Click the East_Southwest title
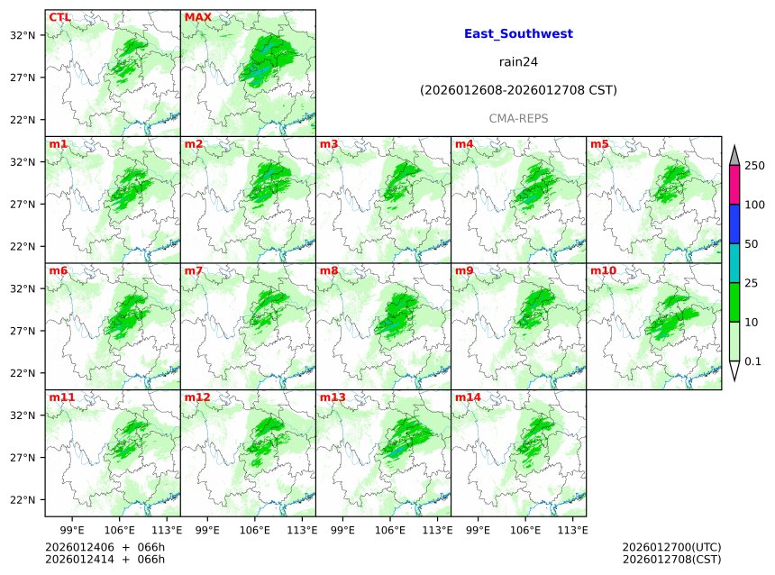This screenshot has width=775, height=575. pyautogui.click(x=518, y=34)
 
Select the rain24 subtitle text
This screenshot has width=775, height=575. pyautogui.click(x=518, y=62)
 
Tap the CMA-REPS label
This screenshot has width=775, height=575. pyautogui.click(x=518, y=118)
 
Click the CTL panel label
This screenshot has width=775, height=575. pyautogui.click(x=59, y=17)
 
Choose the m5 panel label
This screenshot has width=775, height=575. pyautogui.click(x=599, y=144)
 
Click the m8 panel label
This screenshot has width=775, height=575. pyautogui.click(x=329, y=270)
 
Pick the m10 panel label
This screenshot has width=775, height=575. pyautogui.click(x=603, y=270)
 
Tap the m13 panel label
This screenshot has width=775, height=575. pyautogui.click(x=333, y=397)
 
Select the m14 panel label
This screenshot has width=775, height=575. pyautogui.click(x=468, y=397)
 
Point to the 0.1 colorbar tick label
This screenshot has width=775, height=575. pyautogui.click(x=752, y=361)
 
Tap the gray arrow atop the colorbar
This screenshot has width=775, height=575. pyautogui.click(x=734, y=156)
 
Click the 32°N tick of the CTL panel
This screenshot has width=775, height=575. pyautogui.click(x=23, y=35)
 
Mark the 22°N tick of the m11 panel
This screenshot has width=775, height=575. pyautogui.click(x=23, y=500)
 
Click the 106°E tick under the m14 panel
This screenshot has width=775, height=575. pyautogui.click(x=525, y=529)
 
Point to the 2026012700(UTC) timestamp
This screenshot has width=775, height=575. pyautogui.click(x=671, y=547)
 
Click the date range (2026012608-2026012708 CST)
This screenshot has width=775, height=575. pyautogui.click(x=518, y=90)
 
